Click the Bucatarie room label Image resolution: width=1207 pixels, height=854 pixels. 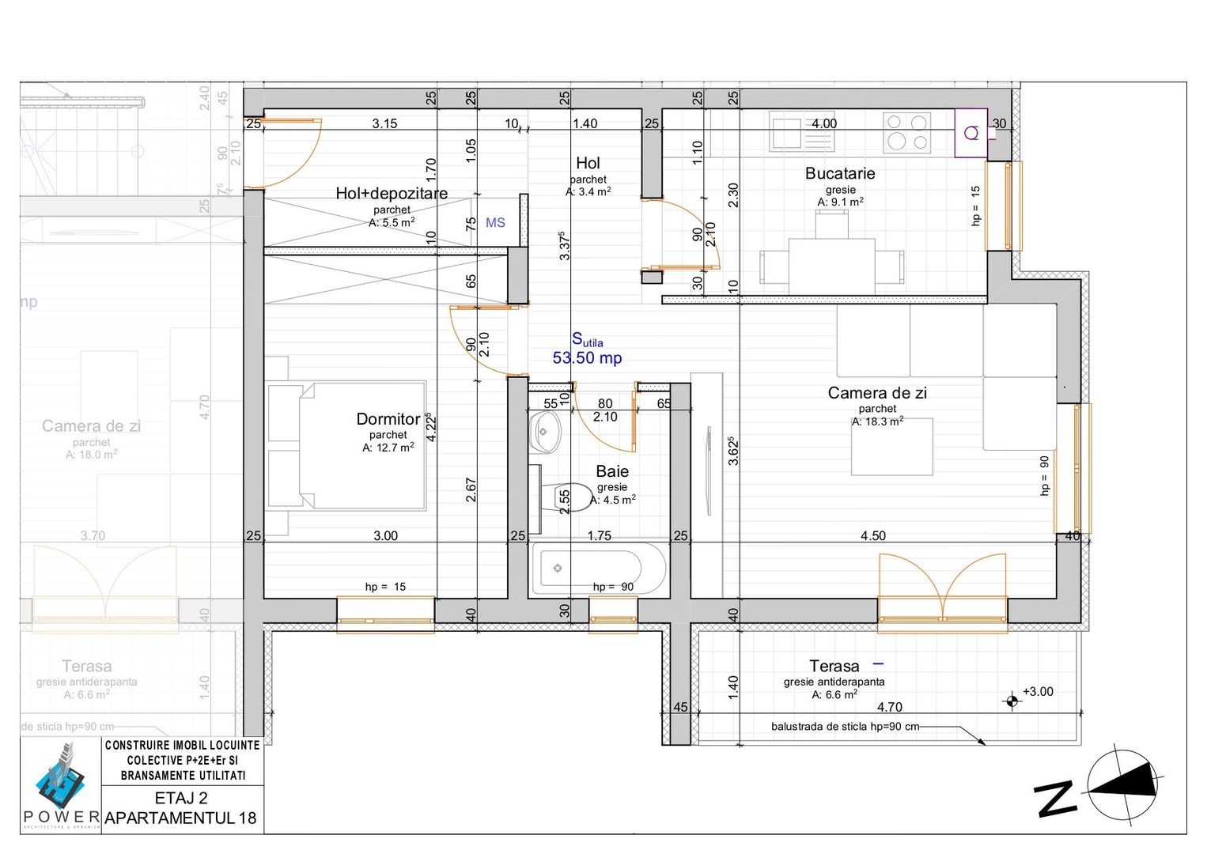839,173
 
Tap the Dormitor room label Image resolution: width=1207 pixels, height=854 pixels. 388,419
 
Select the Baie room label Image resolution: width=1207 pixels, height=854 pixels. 611,471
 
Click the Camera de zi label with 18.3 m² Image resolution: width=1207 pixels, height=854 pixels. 876,393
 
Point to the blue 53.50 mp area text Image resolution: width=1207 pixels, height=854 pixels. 587,357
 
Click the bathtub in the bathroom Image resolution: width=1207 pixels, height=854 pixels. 587,568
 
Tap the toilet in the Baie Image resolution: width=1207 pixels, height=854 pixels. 570,497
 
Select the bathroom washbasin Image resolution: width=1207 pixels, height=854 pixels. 545,432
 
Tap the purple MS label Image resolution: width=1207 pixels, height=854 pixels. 495,223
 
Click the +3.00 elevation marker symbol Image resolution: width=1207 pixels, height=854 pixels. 1011,701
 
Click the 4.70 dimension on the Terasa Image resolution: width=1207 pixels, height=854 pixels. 889,707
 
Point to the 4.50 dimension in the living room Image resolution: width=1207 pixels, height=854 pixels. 872,535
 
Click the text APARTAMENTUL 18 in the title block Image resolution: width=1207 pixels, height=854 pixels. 181,818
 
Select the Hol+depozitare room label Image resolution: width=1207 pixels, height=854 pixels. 392,193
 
